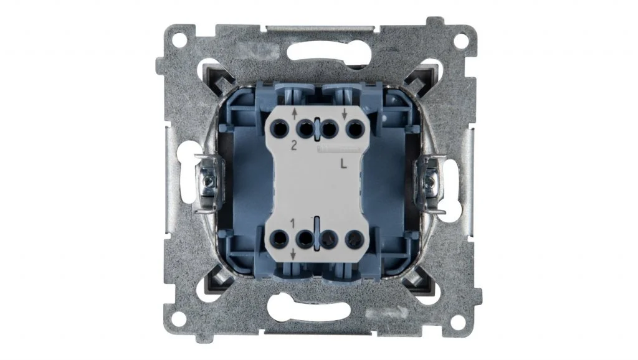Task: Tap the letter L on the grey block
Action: [x=344, y=164]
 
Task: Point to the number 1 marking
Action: [x=292, y=223]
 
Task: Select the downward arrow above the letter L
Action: [x=344, y=115]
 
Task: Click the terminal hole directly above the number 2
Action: [x=280, y=130]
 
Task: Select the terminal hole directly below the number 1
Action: [x=280, y=239]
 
